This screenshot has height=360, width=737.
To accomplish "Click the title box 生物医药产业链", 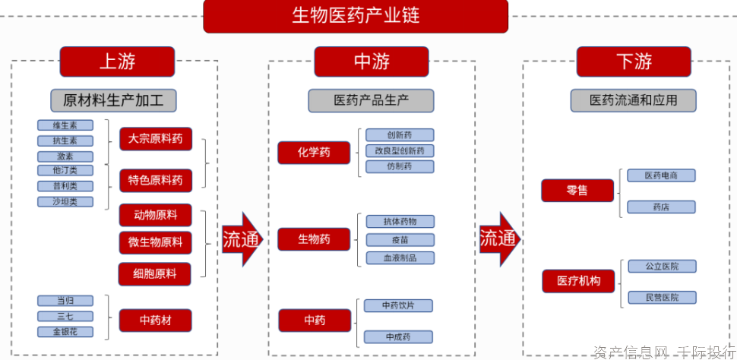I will (x=356, y=16).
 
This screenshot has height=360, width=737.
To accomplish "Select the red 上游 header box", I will (x=117, y=62).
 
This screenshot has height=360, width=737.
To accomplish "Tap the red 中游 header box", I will (x=372, y=62).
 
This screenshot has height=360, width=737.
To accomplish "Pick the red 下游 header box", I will (x=634, y=62).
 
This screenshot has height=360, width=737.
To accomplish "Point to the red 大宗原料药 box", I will (x=156, y=139).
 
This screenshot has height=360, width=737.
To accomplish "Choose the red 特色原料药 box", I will (x=156, y=181).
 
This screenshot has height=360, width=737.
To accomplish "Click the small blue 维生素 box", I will (x=65, y=125).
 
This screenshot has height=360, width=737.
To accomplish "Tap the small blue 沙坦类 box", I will (x=65, y=202).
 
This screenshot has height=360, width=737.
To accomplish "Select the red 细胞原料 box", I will (x=155, y=273).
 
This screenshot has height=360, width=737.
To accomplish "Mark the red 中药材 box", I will (x=155, y=321).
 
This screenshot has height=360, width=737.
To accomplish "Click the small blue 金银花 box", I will (x=65, y=332).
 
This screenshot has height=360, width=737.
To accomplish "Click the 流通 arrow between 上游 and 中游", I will (x=242, y=239).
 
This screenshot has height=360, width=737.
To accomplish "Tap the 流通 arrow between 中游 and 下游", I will (x=498, y=239).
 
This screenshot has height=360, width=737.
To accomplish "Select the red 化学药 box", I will (x=314, y=153).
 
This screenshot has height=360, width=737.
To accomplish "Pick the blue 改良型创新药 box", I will (x=400, y=151).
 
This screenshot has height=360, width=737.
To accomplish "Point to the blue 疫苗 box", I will (x=400, y=240).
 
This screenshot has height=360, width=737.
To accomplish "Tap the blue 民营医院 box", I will (x=661, y=298).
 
